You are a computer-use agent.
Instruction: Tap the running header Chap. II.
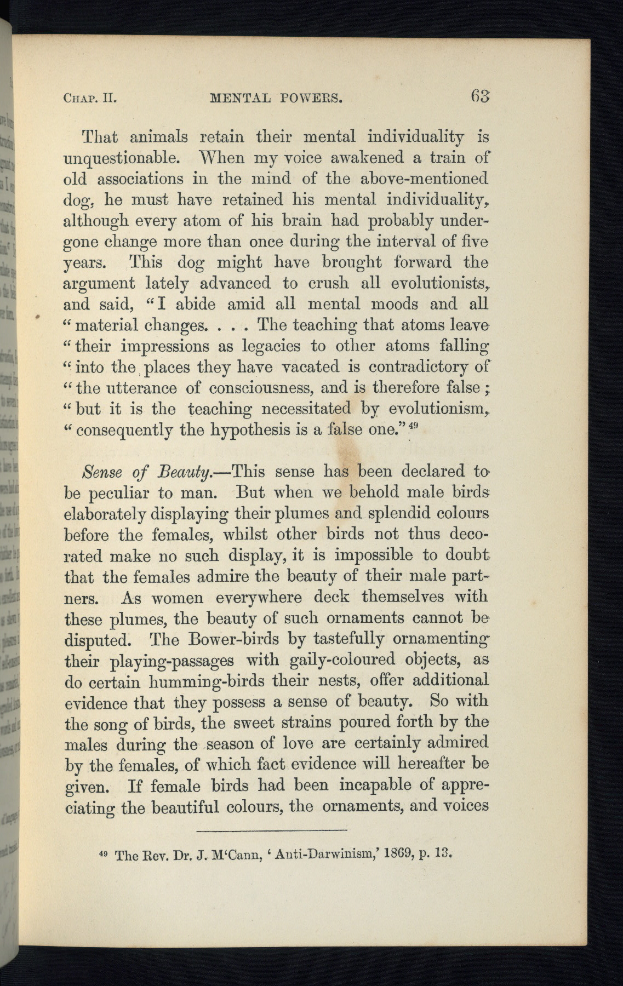pyautogui.click(x=91, y=99)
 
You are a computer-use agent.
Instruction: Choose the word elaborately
pyautogui.click(x=105, y=514)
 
